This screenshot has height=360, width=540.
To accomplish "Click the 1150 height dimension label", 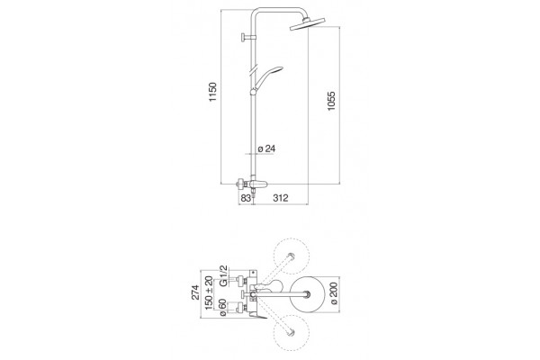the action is tap(213, 92).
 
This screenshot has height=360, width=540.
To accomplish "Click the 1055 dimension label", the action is tap(331, 101).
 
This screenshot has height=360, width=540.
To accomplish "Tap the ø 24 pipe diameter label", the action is tap(266, 148).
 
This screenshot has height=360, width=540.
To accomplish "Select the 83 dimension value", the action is tap(246, 198).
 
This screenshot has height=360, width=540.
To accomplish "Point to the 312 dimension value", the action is tap(280, 198).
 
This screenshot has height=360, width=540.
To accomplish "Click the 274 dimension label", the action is tap(195, 292).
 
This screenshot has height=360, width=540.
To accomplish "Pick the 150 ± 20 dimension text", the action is tap(209, 292).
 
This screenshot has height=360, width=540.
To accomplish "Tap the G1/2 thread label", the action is tap(223, 275).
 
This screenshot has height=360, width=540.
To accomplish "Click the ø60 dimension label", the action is tap(222, 308).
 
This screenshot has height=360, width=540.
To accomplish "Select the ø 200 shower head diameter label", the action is tap(334, 293).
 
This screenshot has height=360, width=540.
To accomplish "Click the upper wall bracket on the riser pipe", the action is tap(248, 37).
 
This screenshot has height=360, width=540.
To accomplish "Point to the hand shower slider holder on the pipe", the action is tap(254, 91).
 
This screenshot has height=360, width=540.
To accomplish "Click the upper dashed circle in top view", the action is tap(292, 256).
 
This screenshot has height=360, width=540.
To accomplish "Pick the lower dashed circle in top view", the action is tap(292, 332).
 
